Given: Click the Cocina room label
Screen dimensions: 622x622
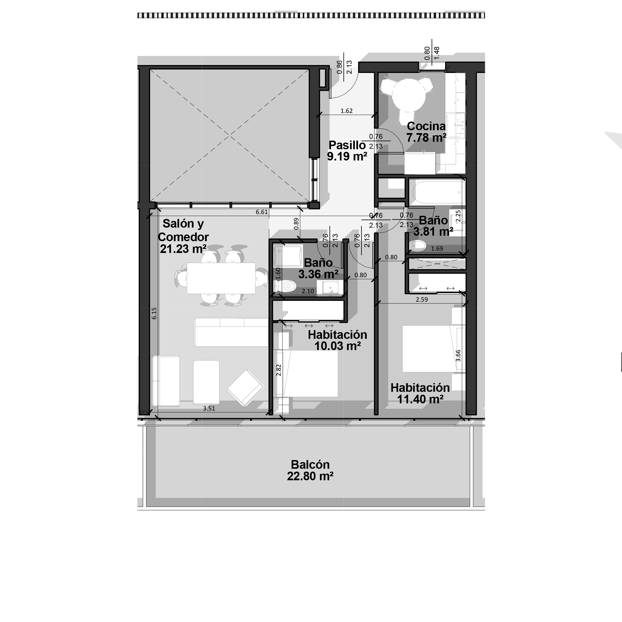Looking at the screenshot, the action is click(x=426, y=126).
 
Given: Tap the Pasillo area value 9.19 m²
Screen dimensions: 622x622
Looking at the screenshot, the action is click(x=347, y=156).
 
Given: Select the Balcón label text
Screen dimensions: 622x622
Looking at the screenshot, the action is click(x=310, y=465).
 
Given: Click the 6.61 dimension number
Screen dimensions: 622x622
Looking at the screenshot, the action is click(x=262, y=212).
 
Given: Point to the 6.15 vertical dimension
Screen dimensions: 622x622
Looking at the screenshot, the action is click(x=154, y=313).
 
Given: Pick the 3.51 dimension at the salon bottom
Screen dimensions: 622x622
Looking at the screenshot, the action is click(x=209, y=408).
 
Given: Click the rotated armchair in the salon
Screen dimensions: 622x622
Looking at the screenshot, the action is click(x=246, y=387).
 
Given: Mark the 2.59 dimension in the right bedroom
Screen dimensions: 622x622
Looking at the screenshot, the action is click(x=422, y=299).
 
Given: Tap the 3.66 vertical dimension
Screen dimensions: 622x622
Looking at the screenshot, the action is click(x=458, y=356).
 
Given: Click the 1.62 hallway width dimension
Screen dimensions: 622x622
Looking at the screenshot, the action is click(x=346, y=111).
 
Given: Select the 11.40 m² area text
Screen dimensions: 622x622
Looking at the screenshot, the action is click(x=420, y=399).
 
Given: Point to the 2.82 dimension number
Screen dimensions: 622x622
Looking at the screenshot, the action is click(x=279, y=370).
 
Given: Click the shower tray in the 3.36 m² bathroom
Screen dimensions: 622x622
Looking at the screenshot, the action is click(x=288, y=256).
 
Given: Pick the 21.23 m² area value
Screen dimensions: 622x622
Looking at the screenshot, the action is click(x=183, y=249).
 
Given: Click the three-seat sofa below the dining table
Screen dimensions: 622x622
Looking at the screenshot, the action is click(x=231, y=332).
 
